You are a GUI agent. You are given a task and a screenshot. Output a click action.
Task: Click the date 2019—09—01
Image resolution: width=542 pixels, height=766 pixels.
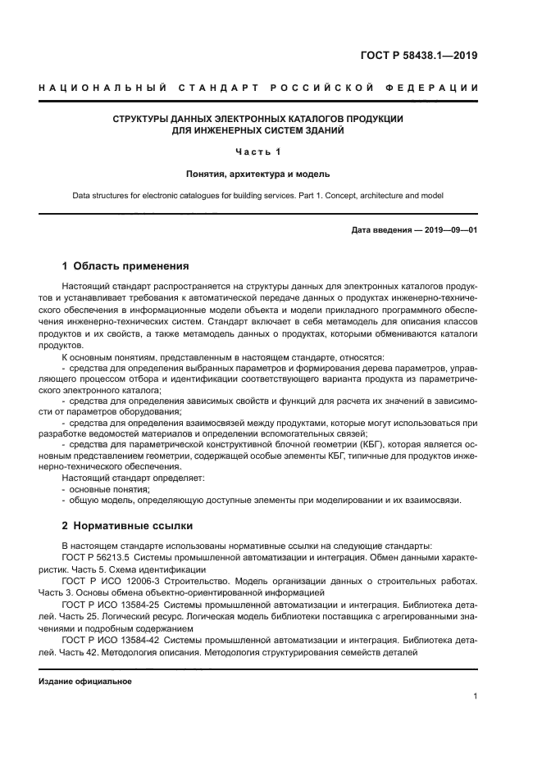tap(450, 230)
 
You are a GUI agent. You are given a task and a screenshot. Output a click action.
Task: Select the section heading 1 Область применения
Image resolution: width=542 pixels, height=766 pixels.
tap(125, 266)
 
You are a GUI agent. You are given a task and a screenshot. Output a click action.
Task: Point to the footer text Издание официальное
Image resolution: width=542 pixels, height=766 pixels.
tap(85, 682)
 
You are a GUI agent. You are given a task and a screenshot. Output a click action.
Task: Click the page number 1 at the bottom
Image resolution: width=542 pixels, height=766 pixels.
tap(475, 696)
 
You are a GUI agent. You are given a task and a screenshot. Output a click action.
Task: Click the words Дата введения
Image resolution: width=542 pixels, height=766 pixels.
tap(381, 230)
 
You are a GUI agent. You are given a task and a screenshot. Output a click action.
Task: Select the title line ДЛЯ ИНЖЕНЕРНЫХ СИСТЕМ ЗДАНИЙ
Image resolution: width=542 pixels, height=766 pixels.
tap(257, 130)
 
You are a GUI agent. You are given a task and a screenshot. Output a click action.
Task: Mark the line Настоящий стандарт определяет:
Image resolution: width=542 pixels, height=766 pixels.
tap(133, 477)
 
